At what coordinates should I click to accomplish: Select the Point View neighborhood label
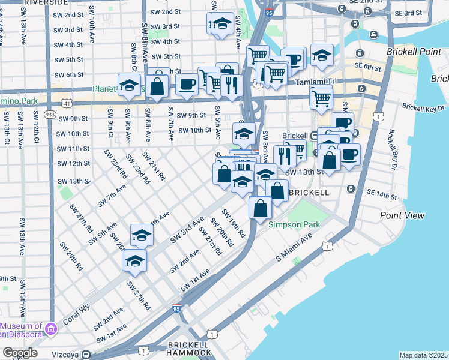tap(402, 215)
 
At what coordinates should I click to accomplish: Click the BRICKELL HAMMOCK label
tap(189, 349)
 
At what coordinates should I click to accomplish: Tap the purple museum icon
tap(51, 329)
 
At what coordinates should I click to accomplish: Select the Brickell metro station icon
tap(314, 136)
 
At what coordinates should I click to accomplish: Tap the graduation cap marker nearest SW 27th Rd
tap(135, 261)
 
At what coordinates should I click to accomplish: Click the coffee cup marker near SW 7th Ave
tap(187, 83)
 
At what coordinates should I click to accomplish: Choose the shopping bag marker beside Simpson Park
tap(261, 208)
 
